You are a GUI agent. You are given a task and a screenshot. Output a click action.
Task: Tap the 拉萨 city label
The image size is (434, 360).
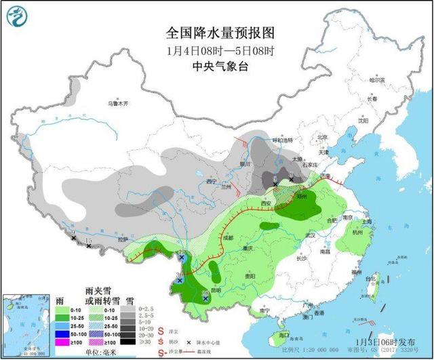click(x=123, y=239)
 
